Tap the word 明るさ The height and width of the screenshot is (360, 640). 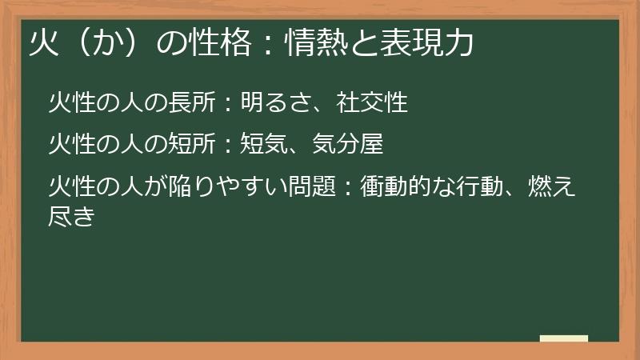(x=276, y=103)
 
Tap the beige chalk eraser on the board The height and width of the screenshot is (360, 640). (x=563, y=338)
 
